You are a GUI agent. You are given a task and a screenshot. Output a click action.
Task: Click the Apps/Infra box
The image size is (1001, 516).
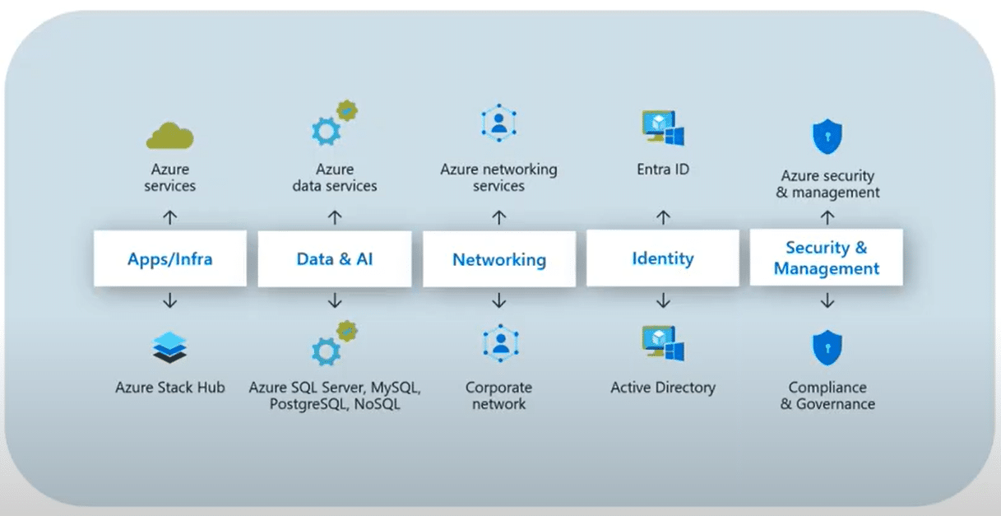(170, 258)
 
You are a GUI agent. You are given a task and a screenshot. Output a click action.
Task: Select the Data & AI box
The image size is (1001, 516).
(334, 258)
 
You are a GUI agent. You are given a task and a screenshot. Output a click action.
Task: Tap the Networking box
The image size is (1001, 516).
(498, 259)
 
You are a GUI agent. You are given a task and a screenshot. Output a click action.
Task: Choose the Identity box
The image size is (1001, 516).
(662, 258)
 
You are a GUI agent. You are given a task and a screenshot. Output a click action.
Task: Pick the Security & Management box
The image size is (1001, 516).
(826, 258)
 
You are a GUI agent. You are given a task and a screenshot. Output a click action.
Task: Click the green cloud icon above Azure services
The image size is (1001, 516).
(169, 135)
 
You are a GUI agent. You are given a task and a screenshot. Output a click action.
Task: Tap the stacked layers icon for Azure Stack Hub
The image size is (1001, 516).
(170, 346)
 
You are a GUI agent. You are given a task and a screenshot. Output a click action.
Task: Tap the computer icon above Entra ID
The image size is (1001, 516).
(662, 128)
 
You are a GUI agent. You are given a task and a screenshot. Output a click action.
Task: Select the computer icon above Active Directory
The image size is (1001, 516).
(662, 345)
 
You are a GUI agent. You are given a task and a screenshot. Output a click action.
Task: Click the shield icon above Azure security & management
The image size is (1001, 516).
(827, 137)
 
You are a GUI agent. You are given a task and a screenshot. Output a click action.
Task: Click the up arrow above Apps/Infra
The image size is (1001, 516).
(170, 217)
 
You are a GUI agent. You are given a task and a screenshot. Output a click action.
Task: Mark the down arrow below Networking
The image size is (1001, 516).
(498, 301)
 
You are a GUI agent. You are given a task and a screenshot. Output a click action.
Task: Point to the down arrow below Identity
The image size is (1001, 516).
(663, 301)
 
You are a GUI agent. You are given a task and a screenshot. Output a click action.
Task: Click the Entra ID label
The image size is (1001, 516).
(662, 170)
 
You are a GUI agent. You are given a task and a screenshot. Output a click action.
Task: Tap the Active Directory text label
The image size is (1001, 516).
(662, 387)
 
